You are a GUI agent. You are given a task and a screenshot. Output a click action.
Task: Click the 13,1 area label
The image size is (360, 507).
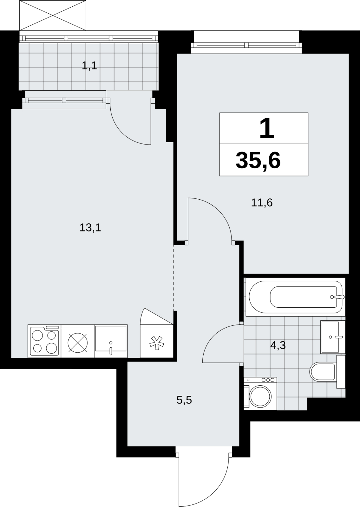pyautogui.click(x=90, y=228)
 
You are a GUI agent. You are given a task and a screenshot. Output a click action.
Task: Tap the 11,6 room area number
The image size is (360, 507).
pyautogui.click(x=262, y=202)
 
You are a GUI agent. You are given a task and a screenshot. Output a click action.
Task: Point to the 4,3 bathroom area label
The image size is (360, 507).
pyautogui.click(x=278, y=345)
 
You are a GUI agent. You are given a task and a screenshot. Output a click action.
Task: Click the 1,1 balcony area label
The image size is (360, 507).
pyautogui.click(x=89, y=66)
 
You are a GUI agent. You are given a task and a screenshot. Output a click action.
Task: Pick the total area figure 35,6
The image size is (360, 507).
pyautogui.click(x=258, y=160)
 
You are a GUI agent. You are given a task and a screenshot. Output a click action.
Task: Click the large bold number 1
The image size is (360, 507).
pyautogui.click(x=267, y=129)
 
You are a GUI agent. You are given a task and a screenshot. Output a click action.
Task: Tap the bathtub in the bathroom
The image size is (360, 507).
pyautogui.click(x=295, y=297)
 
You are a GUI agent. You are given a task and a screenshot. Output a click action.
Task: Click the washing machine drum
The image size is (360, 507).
pyautogui.click(x=260, y=396)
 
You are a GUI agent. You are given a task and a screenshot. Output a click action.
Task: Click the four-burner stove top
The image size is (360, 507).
pyautogui.click(x=44, y=341)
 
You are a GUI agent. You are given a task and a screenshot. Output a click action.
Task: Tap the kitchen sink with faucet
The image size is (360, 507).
pyautogui.click(x=111, y=341)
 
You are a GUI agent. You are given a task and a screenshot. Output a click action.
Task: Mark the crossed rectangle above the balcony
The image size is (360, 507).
pyautogui.click(x=53, y=16)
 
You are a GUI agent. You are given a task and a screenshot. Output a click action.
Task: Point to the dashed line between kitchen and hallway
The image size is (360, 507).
pyautogui.click(x=173, y=278)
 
